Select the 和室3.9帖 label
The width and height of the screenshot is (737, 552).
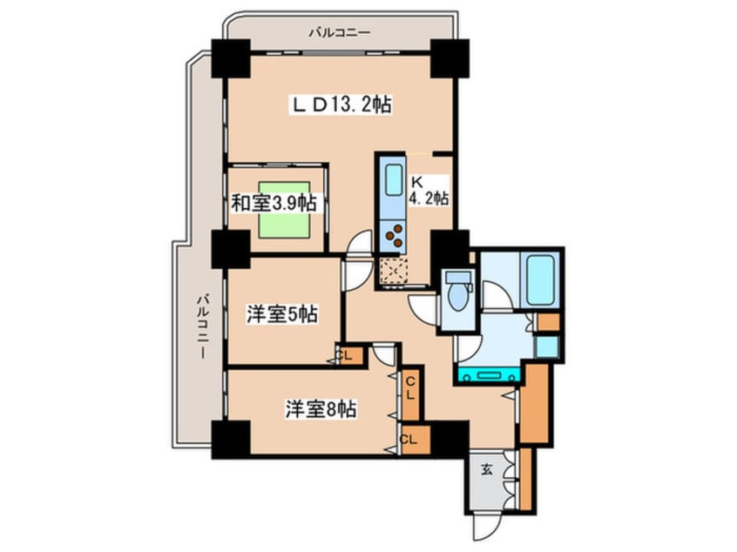[273, 204]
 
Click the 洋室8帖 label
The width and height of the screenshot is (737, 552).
[322, 408]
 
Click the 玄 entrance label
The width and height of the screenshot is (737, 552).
[487, 470]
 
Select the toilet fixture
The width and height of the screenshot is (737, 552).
[456, 291]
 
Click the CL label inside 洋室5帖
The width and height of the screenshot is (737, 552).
[345, 355]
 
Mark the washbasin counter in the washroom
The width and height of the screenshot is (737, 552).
[489, 375]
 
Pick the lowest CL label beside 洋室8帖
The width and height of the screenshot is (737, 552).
[409, 439]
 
